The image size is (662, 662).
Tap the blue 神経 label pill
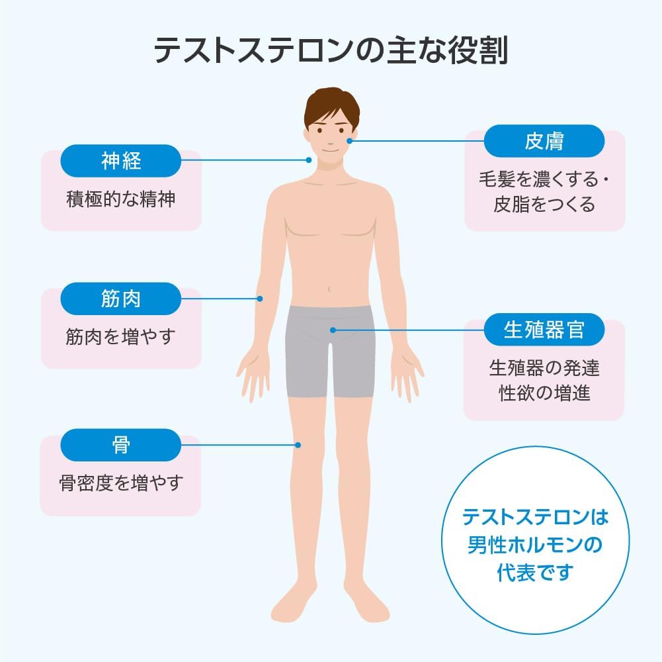click(x=121, y=160)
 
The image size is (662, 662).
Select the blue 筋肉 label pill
click(x=121, y=299)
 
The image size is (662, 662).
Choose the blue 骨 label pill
click(x=121, y=445)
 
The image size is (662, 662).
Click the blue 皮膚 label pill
click(x=544, y=141)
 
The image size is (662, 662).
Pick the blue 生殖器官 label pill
click(x=544, y=330)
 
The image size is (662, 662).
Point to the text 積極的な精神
click(x=121, y=199)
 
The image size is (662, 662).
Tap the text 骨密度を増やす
click(x=120, y=483)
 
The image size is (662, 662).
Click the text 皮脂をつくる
click(x=544, y=205)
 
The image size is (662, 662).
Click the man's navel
click(x=330, y=289)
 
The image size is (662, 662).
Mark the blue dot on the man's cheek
click(x=350, y=141)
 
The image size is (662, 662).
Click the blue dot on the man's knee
click(x=299, y=445)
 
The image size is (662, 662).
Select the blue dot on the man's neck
click(x=309, y=160)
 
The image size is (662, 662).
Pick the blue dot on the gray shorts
click(x=333, y=329)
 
